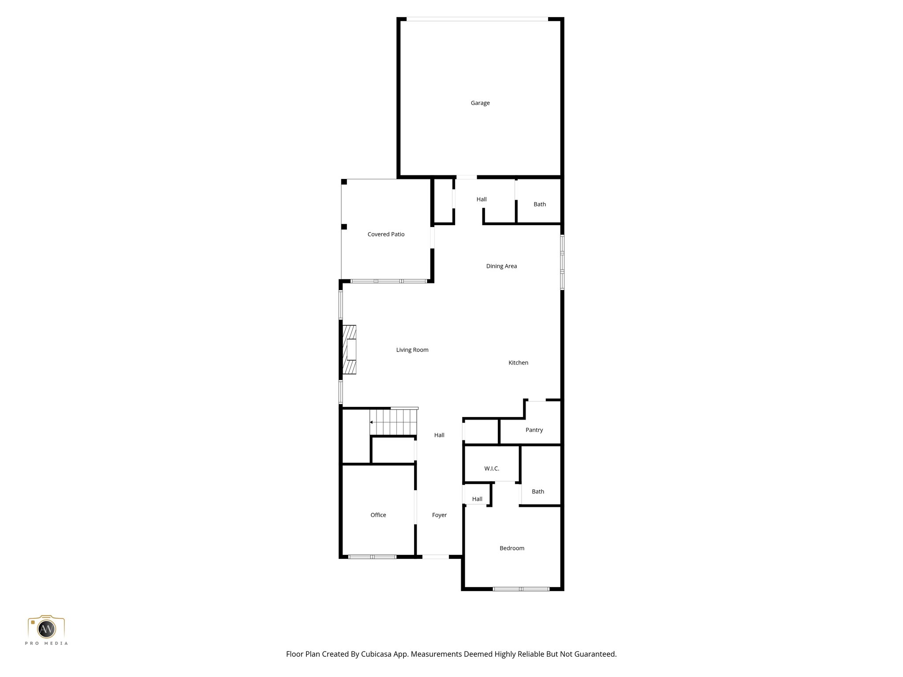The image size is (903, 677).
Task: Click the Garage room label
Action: pyautogui.click(x=480, y=103)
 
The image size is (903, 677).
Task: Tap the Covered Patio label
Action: pyautogui.click(x=386, y=234)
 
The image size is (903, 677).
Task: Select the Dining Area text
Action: pyautogui.click(x=501, y=266)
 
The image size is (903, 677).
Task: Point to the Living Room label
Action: pyautogui.click(x=412, y=350)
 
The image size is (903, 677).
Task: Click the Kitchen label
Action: pyautogui.click(x=518, y=363)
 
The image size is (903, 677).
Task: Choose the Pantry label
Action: pyautogui.click(x=534, y=430)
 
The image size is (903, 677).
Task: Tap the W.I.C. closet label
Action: pyautogui.click(x=492, y=469)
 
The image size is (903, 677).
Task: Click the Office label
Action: pyautogui.click(x=378, y=515)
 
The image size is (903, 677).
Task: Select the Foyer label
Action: pyautogui.click(x=439, y=515)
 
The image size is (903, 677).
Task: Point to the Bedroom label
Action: pyautogui.click(x=512, y=548)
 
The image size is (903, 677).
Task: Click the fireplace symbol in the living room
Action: pyautogui.click(x=350, y=350)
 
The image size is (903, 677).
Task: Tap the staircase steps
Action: pyautogui.click(x=393, y=422)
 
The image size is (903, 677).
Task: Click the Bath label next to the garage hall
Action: pyautogui.click(x=540, y=205)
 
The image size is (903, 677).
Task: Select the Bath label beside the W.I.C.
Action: pyautogui.click(x=538, y=492)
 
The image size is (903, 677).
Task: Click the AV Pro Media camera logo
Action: pyautogui.click(x=46, y=629)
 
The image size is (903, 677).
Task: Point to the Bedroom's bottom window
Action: pyautogui.click(x=521, y=589)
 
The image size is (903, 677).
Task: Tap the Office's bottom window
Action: pyautogui.click(x=372, y=557)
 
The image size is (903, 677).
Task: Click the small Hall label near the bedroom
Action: pyautogui.click(x=477, y=499)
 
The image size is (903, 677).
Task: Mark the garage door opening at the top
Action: pyautogui.click(x=477, y=19)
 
